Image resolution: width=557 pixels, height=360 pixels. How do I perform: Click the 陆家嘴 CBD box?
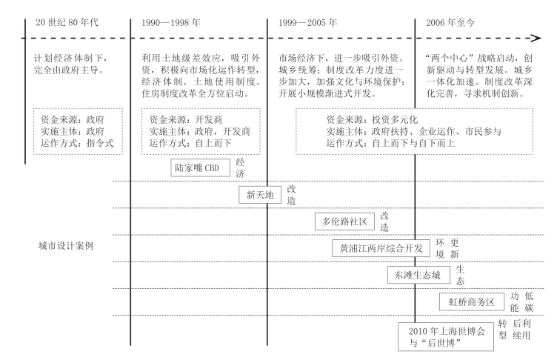[200, 167]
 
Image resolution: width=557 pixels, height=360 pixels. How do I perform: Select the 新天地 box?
[260, 194]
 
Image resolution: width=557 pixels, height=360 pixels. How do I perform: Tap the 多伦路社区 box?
[344, 221]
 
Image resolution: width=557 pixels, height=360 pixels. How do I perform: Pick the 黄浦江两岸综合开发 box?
[381, 248]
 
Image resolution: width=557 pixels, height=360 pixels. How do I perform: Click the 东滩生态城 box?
[418, 275]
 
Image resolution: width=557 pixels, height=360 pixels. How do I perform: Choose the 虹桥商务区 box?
[472, 301]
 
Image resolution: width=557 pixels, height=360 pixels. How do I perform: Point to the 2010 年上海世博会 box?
[446, 336]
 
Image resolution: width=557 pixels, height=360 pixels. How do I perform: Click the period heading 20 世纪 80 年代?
[67, 22]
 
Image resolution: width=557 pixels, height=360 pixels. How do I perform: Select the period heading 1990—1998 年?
[171, 23]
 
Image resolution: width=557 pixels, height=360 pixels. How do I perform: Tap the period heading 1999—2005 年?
[307, 23]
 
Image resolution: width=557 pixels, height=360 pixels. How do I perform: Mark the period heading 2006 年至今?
[450, 23]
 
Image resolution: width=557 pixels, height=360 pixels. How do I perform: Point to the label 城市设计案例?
[66, 246]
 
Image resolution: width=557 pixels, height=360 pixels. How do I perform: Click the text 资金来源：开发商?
[186, 119]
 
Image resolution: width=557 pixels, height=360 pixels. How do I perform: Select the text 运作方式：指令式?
[77, 143]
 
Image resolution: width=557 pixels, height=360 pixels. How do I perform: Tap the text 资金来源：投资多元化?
[373, 119]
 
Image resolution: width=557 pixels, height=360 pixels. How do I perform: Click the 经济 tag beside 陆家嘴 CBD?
[241, 167]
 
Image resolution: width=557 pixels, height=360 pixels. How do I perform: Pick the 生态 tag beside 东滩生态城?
[461, 275]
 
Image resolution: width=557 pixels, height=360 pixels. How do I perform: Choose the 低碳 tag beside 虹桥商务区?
[530, 301]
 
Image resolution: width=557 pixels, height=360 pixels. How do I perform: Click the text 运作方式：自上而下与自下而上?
[391, 143]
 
